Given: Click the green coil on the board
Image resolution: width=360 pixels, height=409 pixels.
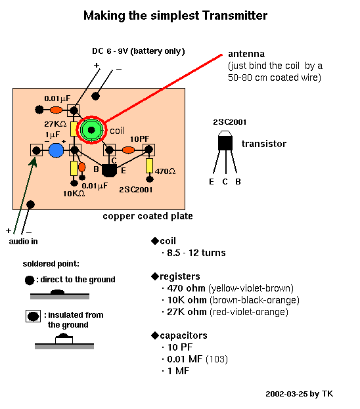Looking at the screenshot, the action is point(91,129).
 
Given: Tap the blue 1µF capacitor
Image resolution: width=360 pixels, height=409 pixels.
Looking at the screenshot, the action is point(56,150).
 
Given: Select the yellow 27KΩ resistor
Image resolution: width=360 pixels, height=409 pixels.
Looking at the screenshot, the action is point(74,129).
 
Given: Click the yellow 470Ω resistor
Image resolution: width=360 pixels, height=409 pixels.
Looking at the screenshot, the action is point(149,165).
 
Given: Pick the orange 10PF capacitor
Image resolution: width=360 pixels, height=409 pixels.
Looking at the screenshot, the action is point(129,150).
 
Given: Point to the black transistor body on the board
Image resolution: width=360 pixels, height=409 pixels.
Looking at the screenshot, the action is point(109,171).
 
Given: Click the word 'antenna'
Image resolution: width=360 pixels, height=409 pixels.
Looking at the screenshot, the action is point(246,54).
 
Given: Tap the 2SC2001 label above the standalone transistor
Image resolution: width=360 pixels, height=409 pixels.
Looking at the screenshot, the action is point(230,122).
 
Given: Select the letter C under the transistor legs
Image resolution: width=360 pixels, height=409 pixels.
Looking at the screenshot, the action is point(225,182).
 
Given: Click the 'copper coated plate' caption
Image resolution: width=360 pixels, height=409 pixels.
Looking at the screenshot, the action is point(148,216).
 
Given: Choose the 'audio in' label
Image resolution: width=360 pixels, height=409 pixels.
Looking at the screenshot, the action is point(23,242).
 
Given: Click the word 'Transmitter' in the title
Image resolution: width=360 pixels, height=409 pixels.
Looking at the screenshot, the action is point(235,15).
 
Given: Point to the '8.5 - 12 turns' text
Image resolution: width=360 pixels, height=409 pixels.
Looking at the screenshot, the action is point(196,253).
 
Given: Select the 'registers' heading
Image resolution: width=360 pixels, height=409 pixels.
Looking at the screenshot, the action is point(180,276).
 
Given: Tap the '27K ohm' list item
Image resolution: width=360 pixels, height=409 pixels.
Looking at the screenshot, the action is point(187,312).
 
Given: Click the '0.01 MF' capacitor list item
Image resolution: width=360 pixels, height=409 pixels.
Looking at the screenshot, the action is point(185,359).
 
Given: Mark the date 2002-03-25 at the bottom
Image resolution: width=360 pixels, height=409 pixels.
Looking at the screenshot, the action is point(287,394).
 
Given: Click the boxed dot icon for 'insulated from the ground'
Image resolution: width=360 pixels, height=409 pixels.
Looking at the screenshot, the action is point(33,316).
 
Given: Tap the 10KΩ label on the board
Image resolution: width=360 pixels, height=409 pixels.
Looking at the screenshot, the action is point(74,194).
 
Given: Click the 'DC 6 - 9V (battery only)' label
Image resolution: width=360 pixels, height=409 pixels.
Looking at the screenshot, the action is point(139,51).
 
